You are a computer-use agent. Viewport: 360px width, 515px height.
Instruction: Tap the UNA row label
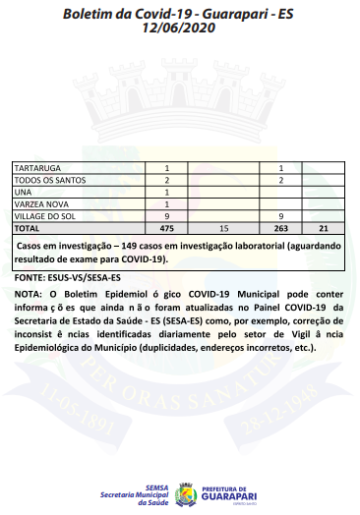click(22, 192)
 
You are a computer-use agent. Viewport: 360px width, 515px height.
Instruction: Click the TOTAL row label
click(27, 226)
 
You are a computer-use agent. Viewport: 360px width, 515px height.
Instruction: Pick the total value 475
click(167, 226)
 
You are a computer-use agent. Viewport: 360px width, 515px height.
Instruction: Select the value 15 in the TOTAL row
click(223, 226)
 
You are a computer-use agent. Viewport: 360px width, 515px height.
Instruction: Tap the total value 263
click(280, 226)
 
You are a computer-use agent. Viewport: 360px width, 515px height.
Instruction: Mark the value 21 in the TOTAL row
click(323, 226)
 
